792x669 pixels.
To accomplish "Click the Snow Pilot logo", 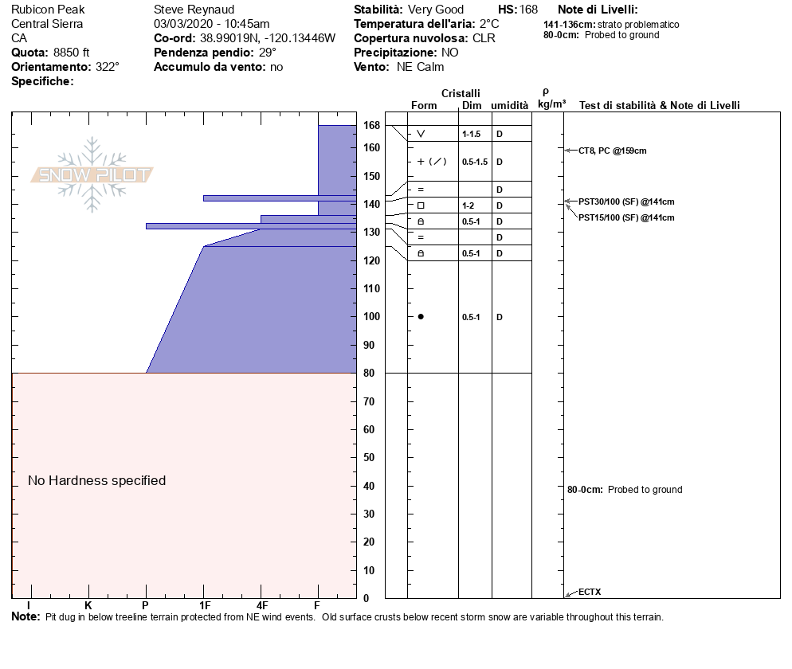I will click(x=92, y=175).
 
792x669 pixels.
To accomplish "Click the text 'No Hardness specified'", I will click(x=96, y=480).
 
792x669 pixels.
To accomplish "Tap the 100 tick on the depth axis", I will click(x=371, y=317).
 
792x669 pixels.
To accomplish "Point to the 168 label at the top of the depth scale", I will click(x=371, y=126).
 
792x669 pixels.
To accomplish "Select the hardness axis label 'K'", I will click(x=88, y=604).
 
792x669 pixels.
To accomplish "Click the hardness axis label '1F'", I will click(x=205, y=604).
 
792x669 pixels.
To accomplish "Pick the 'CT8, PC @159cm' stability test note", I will click(x=612, y=150).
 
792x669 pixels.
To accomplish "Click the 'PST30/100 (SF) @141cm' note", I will click(x=626, y=201).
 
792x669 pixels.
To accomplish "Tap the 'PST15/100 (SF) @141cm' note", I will click(x=626, y=217).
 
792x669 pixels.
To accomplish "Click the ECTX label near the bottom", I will click(x=590, y=592).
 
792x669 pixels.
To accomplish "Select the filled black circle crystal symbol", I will click(x=421, y=317).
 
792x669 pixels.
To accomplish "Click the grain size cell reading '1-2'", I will click(x=469, y=205).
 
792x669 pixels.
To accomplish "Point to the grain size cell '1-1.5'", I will click(x=471, y=134).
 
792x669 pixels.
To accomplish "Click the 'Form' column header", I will click(x=424, y=106).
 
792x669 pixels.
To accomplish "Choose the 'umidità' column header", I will click(x=509, y=106).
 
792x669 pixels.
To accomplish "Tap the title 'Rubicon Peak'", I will click(x=48, y=10).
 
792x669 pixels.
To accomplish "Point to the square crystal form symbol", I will click(x=421, y=205).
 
